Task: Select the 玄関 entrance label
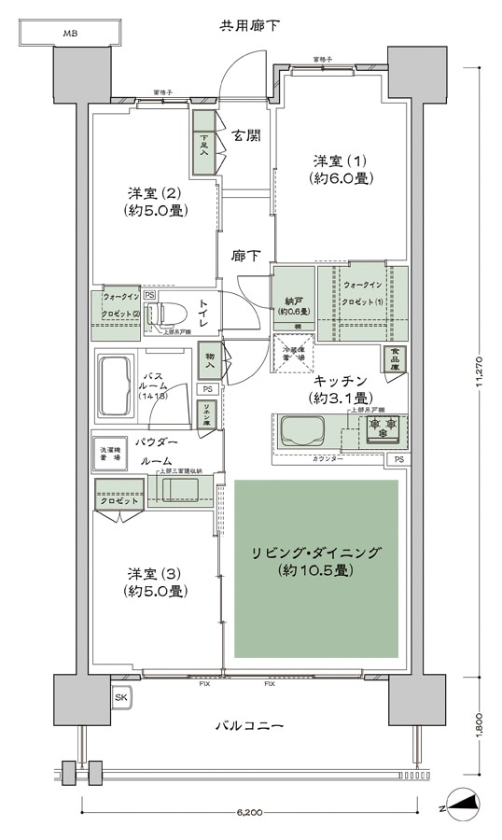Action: (x=246, y=137)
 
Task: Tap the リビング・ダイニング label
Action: (x=316, y=560)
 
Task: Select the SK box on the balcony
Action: (x=121, y=696)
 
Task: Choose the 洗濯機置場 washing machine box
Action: (x=111, y=455)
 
